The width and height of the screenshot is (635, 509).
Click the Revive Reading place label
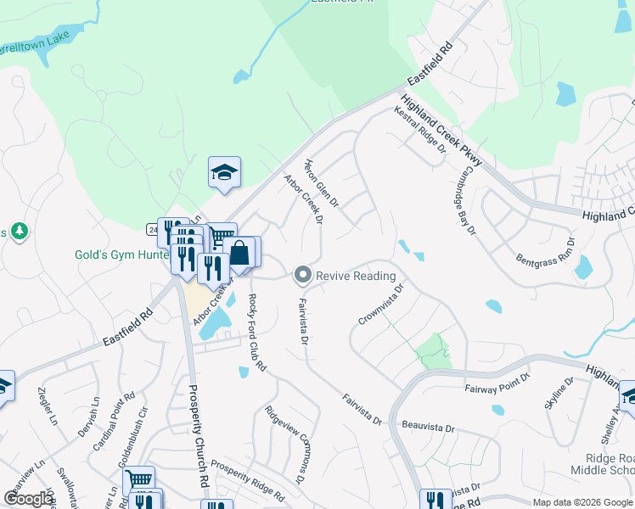click(356, 276)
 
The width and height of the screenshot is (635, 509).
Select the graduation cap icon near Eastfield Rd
click(225, 172)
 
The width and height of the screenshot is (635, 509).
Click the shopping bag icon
click(239, 252)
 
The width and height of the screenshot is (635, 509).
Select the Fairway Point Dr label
click(497, 382)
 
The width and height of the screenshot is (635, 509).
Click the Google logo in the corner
click(29, 498)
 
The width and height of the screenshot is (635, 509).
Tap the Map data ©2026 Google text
click(582, 502)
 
